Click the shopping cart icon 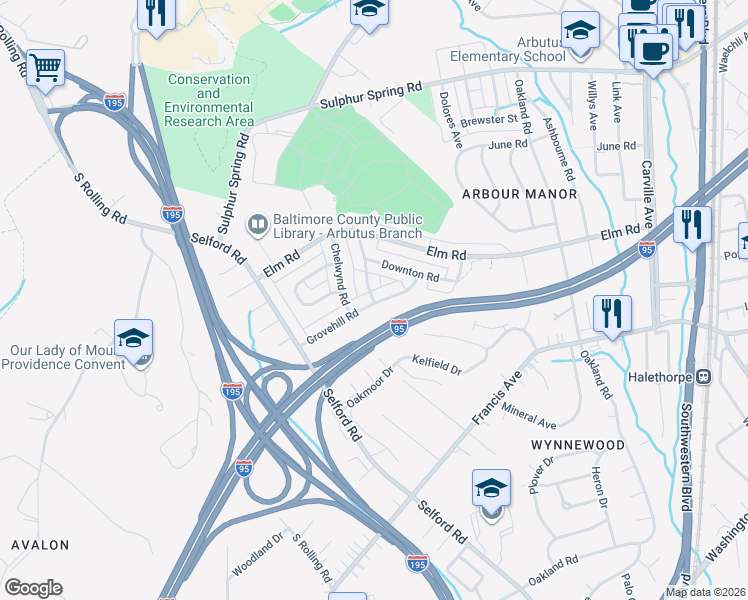tap(45, 68)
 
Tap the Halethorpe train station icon tap(704, 377)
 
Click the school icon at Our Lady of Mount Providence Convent tap(133, 340)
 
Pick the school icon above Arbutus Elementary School tap(579, 31)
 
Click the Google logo tap(33, 588)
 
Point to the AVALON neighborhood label tap(40, 545)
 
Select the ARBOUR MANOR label tap(519, 193)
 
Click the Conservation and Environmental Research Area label tap(209, 100)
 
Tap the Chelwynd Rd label tap(338, 273)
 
